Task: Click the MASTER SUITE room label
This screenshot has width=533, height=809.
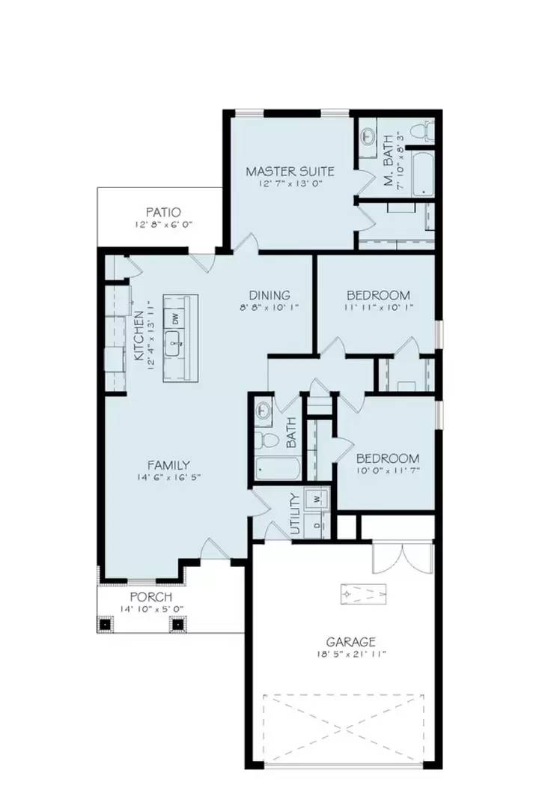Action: coord(290,172)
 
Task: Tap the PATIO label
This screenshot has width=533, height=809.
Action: coord(163,213)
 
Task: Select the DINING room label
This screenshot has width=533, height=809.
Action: coord(269,295)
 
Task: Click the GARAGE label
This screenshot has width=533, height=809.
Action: coord(350,641)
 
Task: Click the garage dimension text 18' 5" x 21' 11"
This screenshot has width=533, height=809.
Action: coord(350,654)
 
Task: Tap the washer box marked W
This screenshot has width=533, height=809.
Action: coord(317,497)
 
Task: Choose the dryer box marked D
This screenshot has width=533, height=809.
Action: coord(317,524)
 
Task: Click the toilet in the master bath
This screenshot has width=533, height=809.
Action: coord(426,133)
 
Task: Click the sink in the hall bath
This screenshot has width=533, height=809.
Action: coord(263,410)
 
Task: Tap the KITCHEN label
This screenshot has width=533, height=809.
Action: coord(139,338)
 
